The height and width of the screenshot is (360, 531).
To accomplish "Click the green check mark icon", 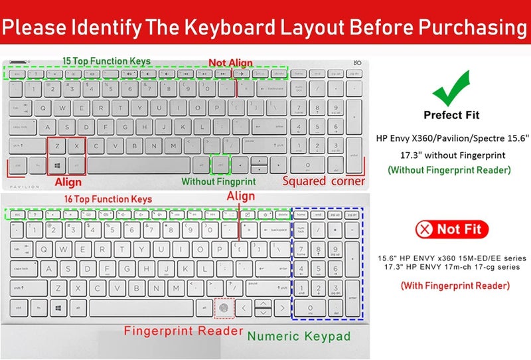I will (451, 86).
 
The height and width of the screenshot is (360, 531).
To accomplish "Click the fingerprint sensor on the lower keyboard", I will (224, 308).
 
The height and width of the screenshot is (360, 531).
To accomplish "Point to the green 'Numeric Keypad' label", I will (299, 336).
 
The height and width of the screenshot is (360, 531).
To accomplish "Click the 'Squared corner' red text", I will (323, 181).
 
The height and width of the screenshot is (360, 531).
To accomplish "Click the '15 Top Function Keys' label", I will (106, 61).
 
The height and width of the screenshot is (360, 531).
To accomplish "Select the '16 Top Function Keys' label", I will (108, 199).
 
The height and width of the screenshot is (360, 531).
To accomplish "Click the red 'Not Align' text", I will (230, 63).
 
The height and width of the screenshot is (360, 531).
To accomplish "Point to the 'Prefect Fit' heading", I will (451, 115).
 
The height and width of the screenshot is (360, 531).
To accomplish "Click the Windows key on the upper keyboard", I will (58, 164).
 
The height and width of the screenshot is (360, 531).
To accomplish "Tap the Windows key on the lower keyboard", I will (58, 308).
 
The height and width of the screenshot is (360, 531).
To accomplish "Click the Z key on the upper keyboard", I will (58, 145).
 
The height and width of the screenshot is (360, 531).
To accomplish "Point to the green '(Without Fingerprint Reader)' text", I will (449, 170).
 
